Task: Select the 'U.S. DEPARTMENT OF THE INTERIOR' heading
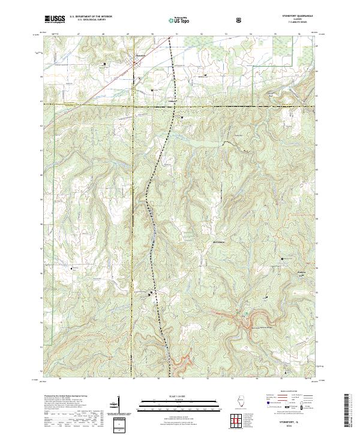tap(91, 17)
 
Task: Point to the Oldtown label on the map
tap(173, 101)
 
